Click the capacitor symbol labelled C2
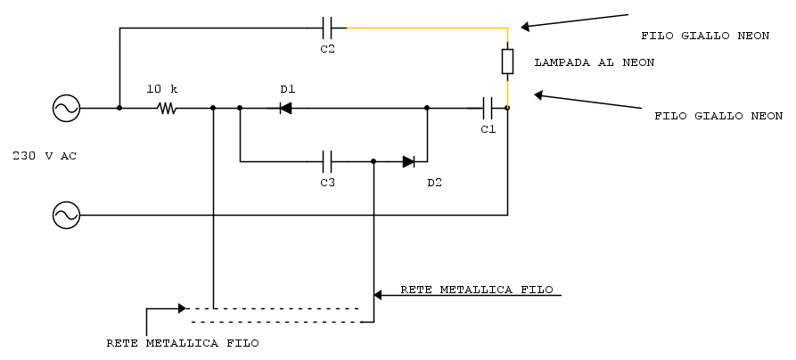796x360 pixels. click(327, 28)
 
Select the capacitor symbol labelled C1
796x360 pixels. click(487, 109)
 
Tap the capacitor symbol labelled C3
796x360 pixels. click(327, 161)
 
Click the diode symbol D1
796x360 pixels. click(285, 109)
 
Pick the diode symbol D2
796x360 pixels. click(408, 161)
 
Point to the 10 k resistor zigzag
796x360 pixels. click(166, 109)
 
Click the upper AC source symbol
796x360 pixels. click(66, 109)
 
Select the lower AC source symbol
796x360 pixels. click(66, 215)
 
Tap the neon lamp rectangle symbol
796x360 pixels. click(507, 61)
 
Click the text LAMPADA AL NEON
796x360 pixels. click(594, 62)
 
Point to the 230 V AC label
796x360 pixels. click(45, 156)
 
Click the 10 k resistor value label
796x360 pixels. click(162, 89)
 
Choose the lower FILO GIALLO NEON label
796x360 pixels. click(718, 116)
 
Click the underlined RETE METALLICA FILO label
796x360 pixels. click(477, 290)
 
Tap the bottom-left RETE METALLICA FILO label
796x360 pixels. click(183, 342)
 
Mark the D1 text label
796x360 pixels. click(287, 89)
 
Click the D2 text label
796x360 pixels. click(434, 183)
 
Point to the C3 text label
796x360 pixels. click(327, 183)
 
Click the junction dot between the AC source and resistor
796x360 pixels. click(119, 109)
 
